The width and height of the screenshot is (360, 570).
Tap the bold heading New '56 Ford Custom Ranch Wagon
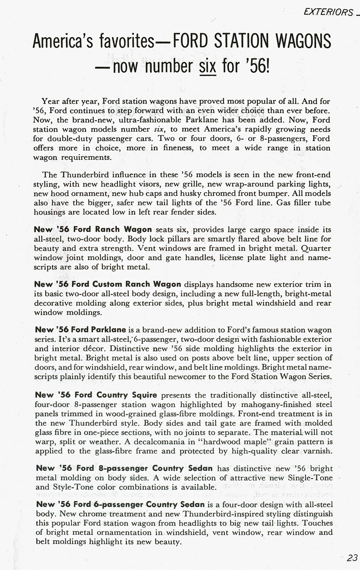tap(108, 284)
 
